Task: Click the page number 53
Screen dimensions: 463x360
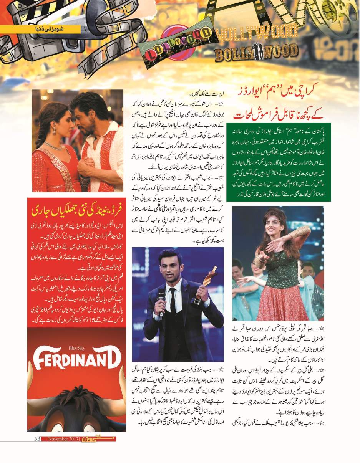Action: tap(37, 439)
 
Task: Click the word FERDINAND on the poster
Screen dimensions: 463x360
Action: tap(76, 360)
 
